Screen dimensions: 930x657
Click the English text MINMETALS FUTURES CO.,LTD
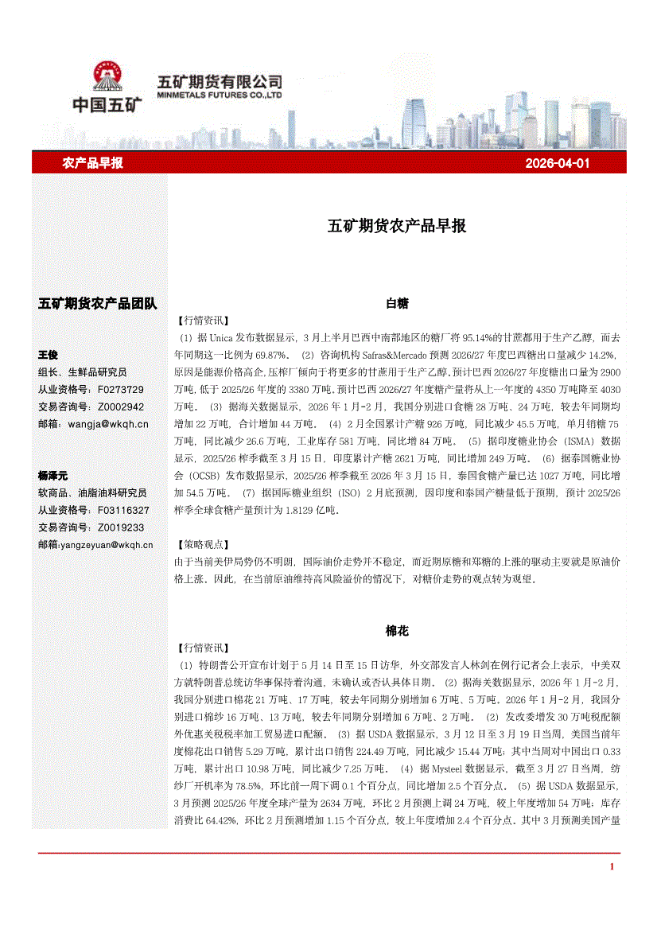pos(220,94)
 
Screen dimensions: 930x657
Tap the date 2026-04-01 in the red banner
pos(557,163)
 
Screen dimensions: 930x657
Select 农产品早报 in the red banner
pos(93,163)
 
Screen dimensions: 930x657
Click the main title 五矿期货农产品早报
pos(397,225)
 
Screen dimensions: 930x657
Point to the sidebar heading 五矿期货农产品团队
pos(98,303)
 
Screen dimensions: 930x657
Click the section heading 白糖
pos(397,303)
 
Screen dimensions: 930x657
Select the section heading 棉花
pos(397,631)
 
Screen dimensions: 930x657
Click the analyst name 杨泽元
pos(52,475)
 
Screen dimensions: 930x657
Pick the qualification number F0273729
pos(121,389)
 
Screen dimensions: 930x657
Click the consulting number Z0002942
pos(121,407)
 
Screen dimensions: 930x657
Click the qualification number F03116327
pos(123,510)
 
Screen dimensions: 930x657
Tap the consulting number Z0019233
pos(121,527)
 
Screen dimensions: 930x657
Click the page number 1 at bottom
pos(611,866)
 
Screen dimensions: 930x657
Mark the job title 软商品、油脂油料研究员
pos(92,492)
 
